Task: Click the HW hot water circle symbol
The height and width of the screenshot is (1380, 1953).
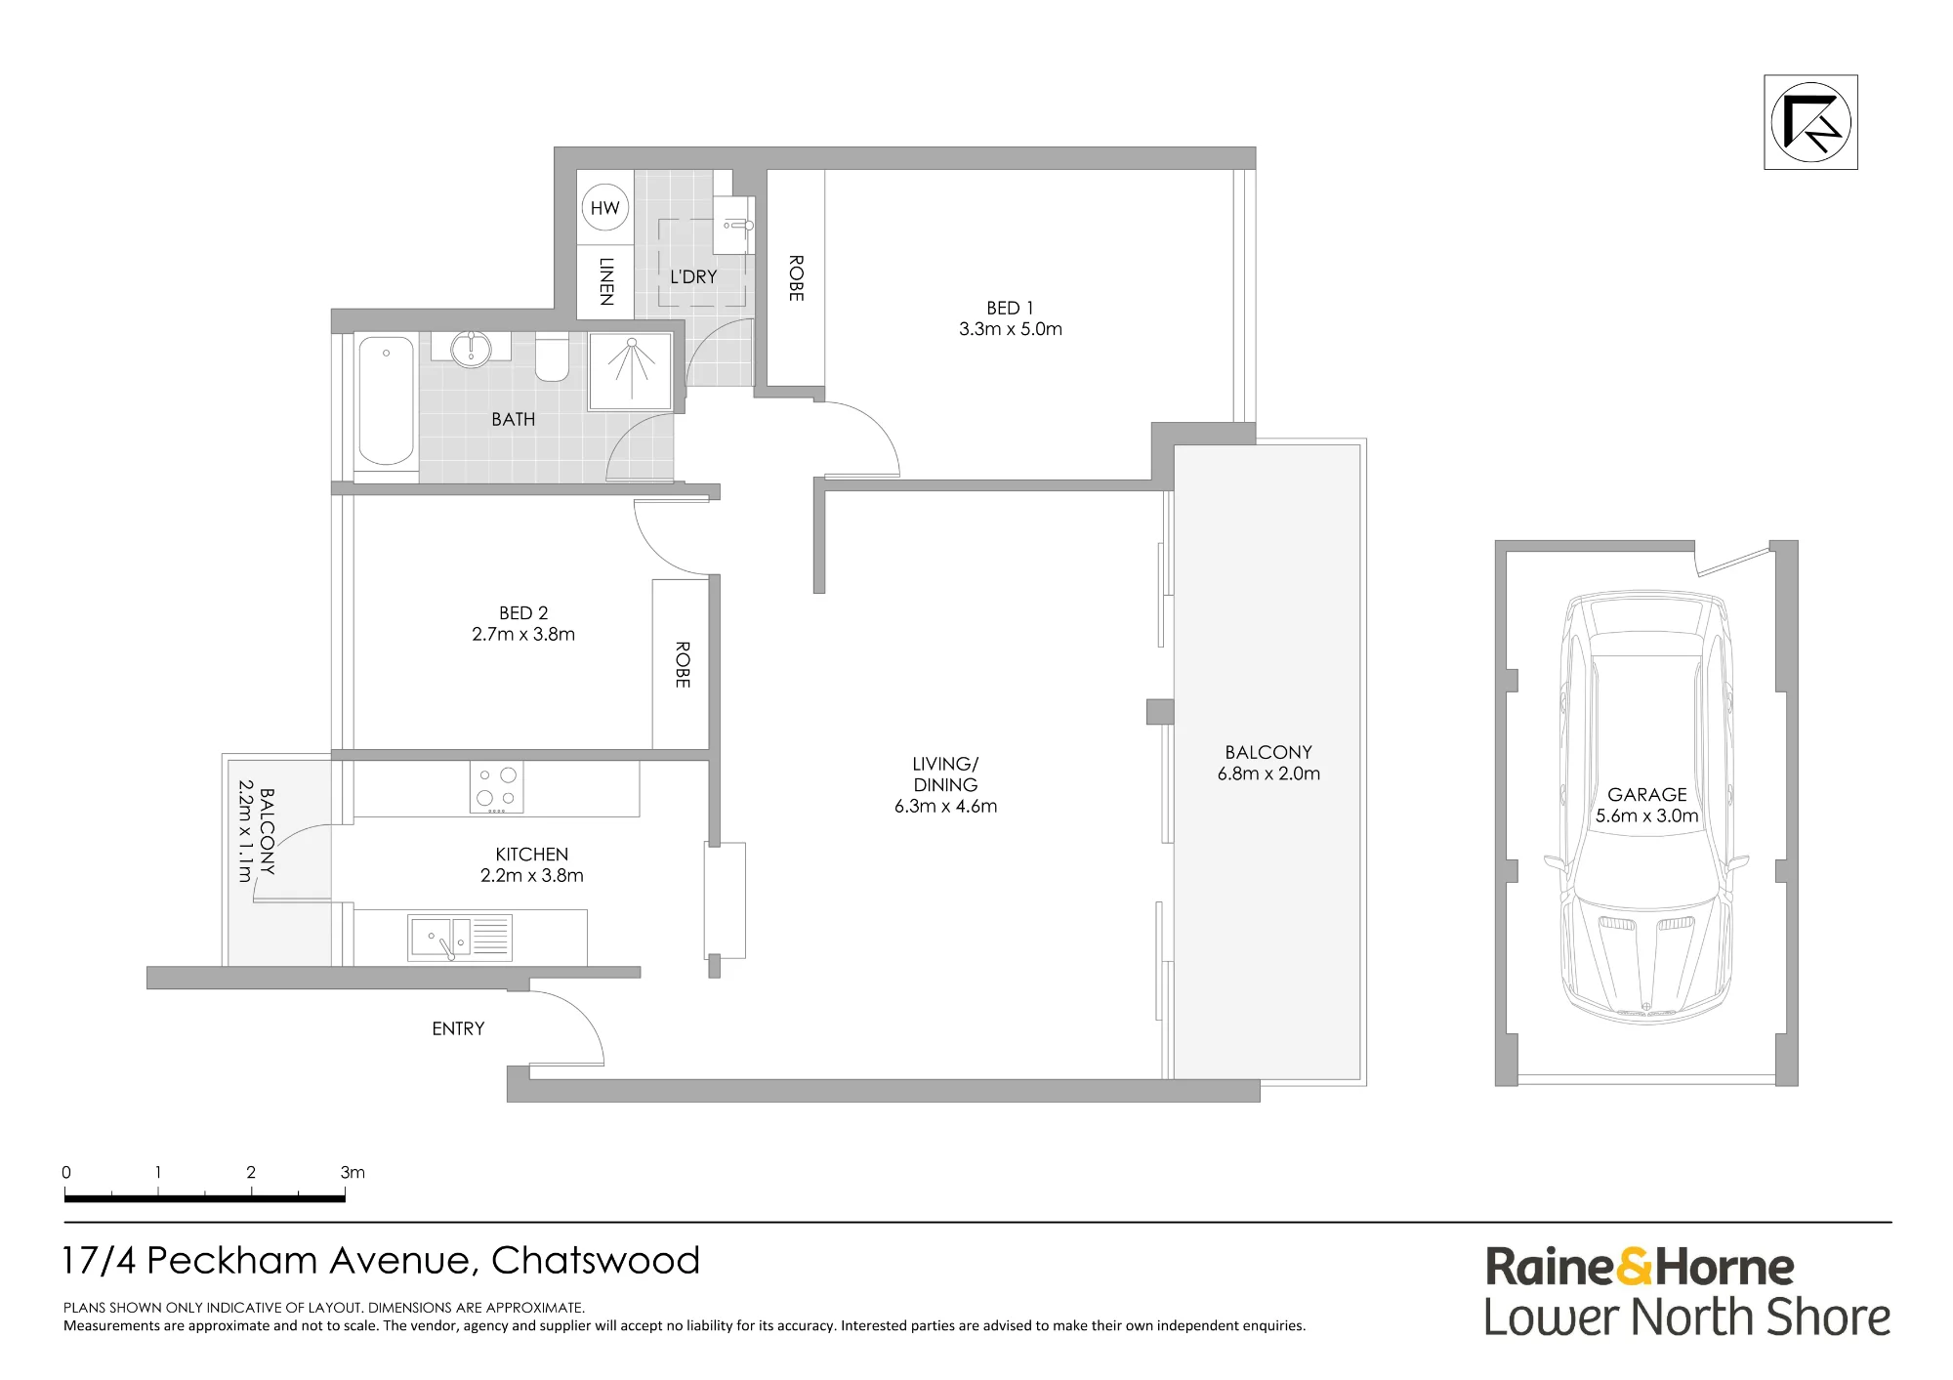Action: [605, 207]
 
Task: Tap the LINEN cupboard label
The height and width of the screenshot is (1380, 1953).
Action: [606, 281]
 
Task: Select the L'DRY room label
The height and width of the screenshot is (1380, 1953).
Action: [693, 276]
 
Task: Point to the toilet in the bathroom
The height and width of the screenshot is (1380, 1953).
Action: [552, 357]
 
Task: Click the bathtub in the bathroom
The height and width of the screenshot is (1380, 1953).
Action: [386, 400]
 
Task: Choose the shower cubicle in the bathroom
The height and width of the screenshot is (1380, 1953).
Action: [631, 371]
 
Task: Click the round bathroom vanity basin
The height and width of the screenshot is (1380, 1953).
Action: [471, 348]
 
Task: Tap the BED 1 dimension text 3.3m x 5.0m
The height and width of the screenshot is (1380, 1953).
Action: [1011, 329]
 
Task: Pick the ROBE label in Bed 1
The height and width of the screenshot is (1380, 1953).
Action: [796, 278]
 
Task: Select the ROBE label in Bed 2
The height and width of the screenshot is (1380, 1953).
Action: [683, 664]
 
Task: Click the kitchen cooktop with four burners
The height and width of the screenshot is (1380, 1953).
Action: [496, 786]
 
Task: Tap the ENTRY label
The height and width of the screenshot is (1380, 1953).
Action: [458, 1028]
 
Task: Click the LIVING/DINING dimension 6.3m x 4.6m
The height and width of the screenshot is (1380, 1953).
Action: [945, 806]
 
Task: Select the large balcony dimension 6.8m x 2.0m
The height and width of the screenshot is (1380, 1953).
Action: [1268, 774]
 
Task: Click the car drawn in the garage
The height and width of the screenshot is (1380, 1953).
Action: [1646, 807]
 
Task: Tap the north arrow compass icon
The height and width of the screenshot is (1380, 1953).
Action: [1810, 122]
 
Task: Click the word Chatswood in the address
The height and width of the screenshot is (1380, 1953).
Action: [596, 1260]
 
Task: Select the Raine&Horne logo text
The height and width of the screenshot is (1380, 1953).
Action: [1640, 1267]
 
